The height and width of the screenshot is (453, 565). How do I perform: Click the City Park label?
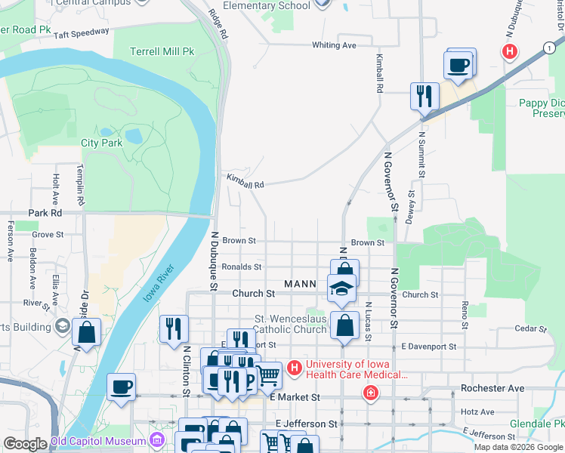click(101, 142)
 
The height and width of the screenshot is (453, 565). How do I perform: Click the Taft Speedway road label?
click(82, 33)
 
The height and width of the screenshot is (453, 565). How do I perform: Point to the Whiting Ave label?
click(334, 45)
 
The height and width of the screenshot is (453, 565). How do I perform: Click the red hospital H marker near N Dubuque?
click(510, 51)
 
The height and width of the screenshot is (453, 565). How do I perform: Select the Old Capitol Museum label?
click(98, 441)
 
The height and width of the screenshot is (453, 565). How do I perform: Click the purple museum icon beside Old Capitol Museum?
click(156, 439)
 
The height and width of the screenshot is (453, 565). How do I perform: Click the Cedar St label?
click(530, 328)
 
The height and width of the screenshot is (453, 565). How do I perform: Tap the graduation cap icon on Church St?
click(341, 288)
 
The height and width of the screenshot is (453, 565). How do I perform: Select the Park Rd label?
click(45, 214)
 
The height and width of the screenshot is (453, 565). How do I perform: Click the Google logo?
click(25, 443)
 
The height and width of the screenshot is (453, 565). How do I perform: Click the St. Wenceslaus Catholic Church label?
click(290, 324)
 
